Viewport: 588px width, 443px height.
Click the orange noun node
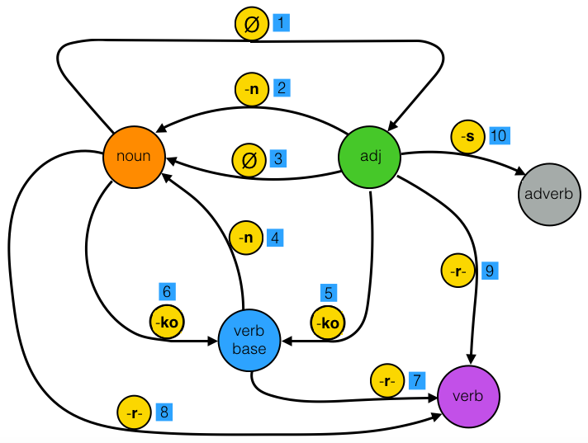tap(134, 155)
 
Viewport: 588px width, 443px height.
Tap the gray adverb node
tap(551, 195)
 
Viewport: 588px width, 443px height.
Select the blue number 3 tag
tap(279, 157)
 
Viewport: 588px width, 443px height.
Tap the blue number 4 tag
tap(276, 238)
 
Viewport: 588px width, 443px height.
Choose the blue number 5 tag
tap(329, 292)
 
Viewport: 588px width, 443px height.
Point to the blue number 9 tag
tap(489, 270)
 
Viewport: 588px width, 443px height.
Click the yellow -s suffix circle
tap(466, 136)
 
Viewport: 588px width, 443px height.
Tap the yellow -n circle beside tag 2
tap(251, 87)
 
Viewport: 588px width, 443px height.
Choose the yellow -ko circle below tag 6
tap(165, 322)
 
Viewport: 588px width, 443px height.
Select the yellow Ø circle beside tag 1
tap(250, 25)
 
